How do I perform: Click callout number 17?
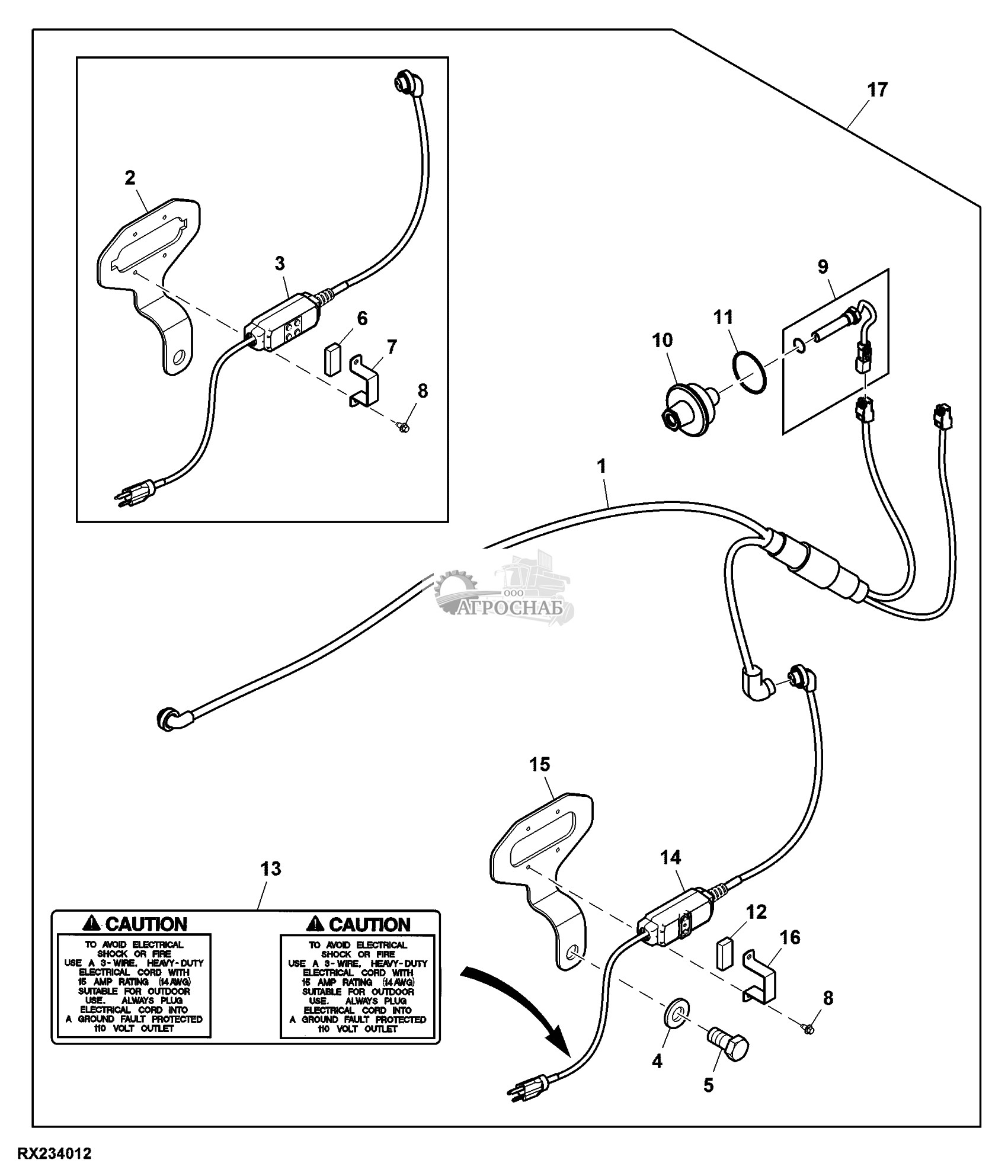coord(877,90)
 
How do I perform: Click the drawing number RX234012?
coord(55,1154)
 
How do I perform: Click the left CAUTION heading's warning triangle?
coord(93,924)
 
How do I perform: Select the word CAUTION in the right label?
coord(369,924)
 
